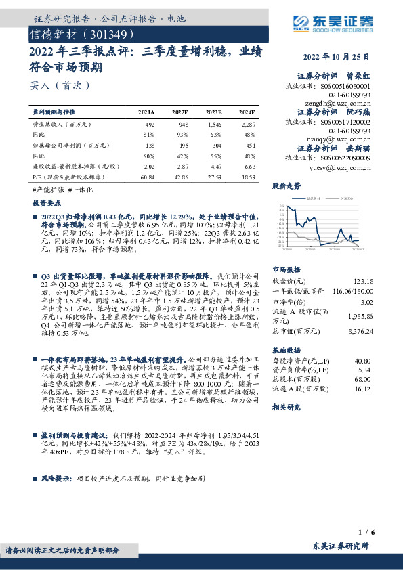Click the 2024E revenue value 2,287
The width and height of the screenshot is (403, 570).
tap(248, 125)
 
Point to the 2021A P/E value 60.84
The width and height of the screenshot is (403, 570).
tap(146, 175)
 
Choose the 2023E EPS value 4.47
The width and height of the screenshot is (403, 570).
tap(214, 165)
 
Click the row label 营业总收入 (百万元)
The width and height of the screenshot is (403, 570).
tap(62, 125)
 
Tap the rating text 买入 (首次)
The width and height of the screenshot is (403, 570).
tap(60, 86)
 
